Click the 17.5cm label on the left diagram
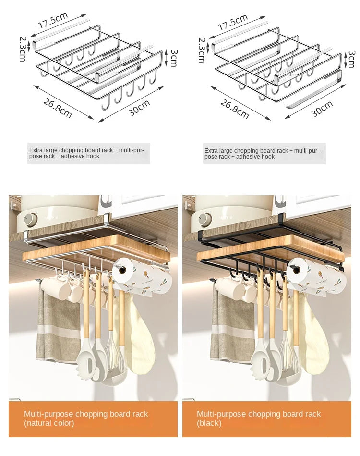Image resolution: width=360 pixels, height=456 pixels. (53, 20)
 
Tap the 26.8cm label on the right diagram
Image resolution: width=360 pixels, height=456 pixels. (234, 109)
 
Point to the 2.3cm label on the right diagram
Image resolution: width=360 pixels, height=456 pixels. (202, 50)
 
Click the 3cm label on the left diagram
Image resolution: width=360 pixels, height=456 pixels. (173, 58)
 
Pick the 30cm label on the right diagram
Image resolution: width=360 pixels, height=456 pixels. (322, 109)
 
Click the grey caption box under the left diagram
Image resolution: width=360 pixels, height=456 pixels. (89, 153)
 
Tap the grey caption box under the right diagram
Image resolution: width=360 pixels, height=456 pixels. (264, 154)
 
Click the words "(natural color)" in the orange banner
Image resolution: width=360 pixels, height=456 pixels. (49, 423)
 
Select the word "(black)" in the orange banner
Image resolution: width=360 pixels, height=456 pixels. (209, 423)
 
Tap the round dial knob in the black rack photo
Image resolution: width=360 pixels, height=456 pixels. (205, 219)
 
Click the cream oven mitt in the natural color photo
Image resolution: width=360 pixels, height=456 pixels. (139, 334)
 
